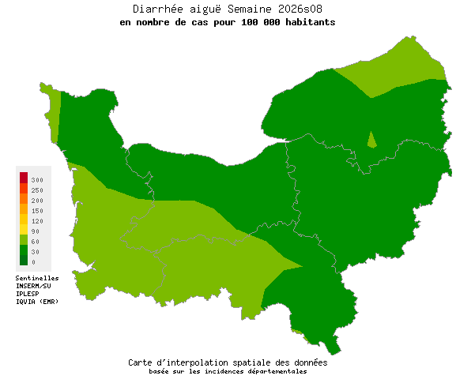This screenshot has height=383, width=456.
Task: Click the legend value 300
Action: pyautogui.click(x=37, y=180)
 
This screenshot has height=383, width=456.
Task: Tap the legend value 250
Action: pyautogui.click(x=37, y=190)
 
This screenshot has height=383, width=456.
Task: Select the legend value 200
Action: pyautogui.click(x=37, y=201)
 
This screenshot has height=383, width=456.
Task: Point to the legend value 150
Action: pyautogui.click(x=37, y=211)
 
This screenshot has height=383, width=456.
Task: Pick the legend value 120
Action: pyautogui.click(x=37, y=221)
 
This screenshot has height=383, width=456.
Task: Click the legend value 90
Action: pyautogui.click(x=36, y=231)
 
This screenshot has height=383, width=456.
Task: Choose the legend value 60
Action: pyautogui.click(x=36, y=242)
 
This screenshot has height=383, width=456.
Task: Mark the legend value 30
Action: pyautogui.click(x=36, y=252)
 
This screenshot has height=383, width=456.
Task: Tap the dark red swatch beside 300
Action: pyautogui.click(x=24, y=177)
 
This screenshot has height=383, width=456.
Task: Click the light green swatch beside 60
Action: pyautogui.click(x=24, y=239)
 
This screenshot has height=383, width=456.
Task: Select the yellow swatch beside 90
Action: pyautogui.click(x=24, y=229)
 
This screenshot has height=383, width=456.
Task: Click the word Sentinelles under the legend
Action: pyautogui.click(x=37, y=278)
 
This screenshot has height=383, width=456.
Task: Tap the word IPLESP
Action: pyautogui.click(x=28, y=294)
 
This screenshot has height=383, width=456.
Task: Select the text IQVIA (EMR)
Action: pyautogui.click(x=36, y=302)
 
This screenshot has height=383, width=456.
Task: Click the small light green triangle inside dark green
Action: pyautogui.click(x=371, y=140)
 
